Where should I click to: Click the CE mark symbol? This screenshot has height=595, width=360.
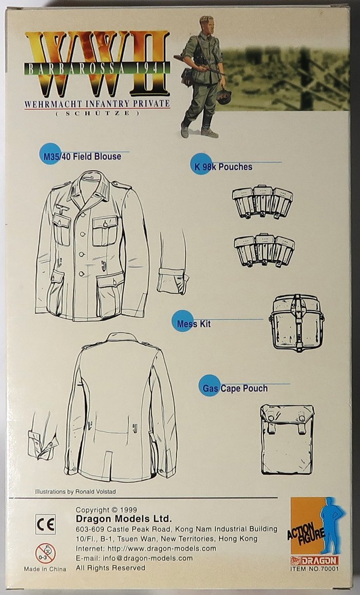[46, 525]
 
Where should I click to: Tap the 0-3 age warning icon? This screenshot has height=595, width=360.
[46, 553]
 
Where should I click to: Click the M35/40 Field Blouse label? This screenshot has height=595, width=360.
[82, 157]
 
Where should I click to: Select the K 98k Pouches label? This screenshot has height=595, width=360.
[224, 166]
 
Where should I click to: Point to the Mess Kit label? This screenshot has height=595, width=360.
[194, 324]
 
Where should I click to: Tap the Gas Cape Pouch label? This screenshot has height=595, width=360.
[235, 389]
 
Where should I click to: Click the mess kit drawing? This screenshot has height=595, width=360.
[297, 322]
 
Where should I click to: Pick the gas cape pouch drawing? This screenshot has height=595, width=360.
[287, 439]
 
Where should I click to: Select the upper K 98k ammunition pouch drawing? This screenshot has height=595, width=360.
[262, 201]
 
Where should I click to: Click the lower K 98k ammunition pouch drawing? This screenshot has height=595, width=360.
[264, 249]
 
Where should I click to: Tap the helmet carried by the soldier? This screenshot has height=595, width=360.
[223, 97]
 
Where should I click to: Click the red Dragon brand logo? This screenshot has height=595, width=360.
[315, 561]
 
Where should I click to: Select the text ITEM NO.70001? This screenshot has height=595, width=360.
[315, 568]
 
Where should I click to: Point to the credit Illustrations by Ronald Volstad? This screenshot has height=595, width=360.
[75, 491]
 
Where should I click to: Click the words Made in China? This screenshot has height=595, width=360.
[45, 569]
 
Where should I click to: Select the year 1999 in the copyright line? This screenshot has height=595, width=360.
[129, 510]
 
